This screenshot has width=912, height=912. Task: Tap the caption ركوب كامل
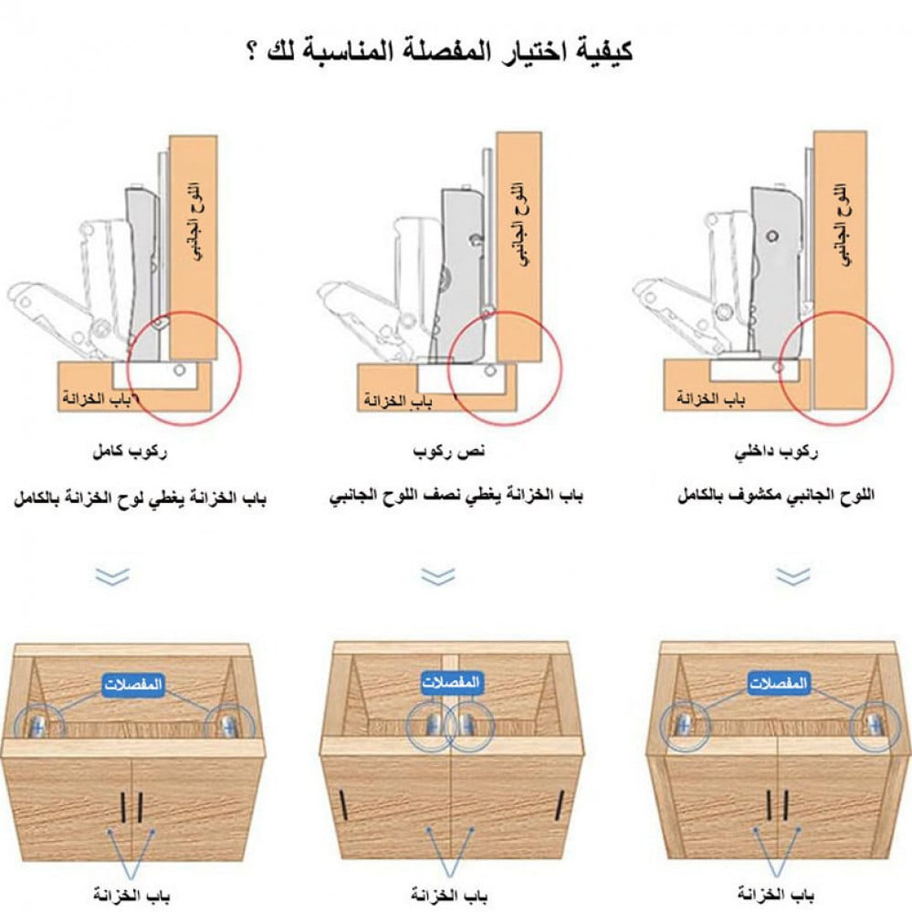(x=129, y=452)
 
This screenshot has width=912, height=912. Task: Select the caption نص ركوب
(x=448, y=452)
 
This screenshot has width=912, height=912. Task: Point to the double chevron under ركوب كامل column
(x=112, y=576)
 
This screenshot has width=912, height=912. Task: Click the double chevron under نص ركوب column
(x=438, y=576)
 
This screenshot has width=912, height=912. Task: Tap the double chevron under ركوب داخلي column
(x=792, y=576)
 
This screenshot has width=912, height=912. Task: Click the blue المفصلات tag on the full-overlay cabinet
(x=132, y=685)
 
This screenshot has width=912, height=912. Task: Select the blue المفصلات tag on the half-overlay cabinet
(x=451, y=682)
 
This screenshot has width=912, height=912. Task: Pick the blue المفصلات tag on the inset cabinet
(x=778, y=682)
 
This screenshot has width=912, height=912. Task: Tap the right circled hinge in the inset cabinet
(x=875, y=726)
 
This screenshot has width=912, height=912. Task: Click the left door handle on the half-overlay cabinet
(x=344, y=804)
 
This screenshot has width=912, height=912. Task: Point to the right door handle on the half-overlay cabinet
(x=561, y=804)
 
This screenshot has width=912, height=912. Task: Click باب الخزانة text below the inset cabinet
(x=776, y=893)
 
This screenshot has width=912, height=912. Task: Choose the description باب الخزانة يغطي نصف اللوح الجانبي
(x=456, y=496)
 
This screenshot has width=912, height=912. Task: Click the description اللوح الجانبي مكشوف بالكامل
(x=776, y=496)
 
